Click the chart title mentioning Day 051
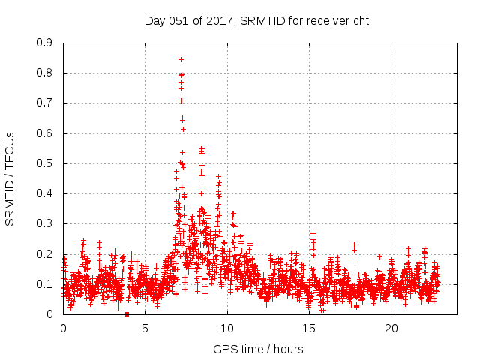(x=257, y=21)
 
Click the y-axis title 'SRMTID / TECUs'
(x=10, y=178)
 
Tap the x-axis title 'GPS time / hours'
(x=258, y=349)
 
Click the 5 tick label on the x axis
(x=145, y=328)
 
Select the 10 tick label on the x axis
(x=227, y=328)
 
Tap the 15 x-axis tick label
(x=309, y=328)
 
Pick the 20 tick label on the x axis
(x=391, y=328)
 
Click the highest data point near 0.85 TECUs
(x=181, y=59)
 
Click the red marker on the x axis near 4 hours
(x=127, y=314)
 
